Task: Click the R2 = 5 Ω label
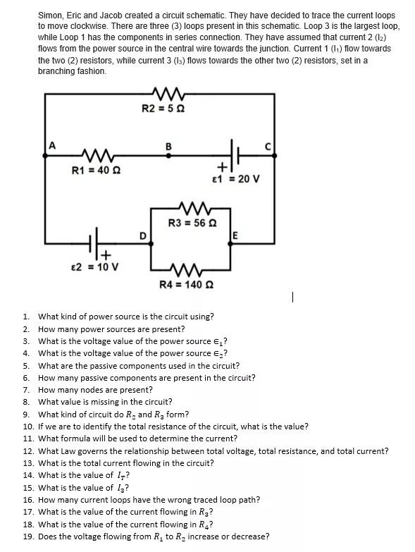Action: click(x=163, y=108)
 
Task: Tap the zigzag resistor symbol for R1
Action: click(x=97, y=154)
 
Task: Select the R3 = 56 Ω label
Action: click(x=192, y=223)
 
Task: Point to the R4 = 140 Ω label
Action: click(x=187, y=284)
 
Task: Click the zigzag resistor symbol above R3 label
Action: click(x=195, y=208)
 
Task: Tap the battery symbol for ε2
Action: click(x=94, y=243)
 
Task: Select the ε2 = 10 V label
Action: click(x=94, y=267)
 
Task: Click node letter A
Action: click(x=52, y=145)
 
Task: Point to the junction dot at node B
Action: click(x=168, y=154)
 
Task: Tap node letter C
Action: click(x=268, y=146)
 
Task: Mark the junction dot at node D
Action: click(x=151, y=243)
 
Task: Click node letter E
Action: click(x=235, y=235)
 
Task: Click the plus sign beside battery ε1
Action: click(x=222, y=166)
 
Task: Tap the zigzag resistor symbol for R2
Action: click(x=168, y=94)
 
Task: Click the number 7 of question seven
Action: click(x=25, y=390)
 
